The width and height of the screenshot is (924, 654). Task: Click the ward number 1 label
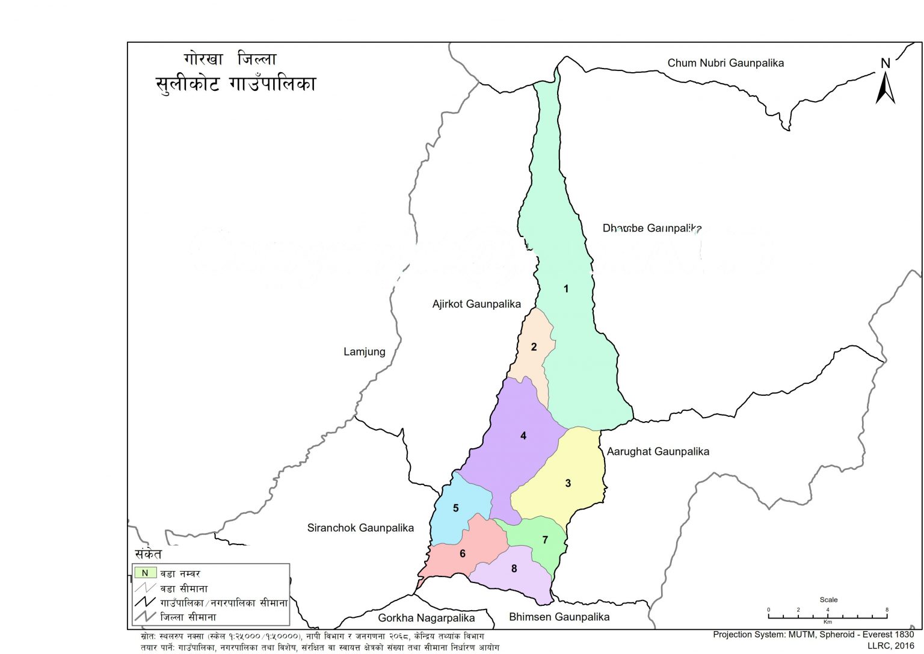click(565, 289)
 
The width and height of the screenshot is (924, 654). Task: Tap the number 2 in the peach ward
click(534, 347)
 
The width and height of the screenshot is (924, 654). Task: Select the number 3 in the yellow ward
click(568, 483)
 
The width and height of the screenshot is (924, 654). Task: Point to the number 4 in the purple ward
click(523, 436)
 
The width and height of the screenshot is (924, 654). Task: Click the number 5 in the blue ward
click(456, 508)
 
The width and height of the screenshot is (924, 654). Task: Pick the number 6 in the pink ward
click(463, 554)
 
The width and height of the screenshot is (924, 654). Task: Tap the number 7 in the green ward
click(546, 540)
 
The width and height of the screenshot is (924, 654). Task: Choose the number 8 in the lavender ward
click(514, 569)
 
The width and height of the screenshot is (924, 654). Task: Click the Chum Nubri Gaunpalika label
click(725, 63)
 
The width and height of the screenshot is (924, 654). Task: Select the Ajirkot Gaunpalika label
click(476, 304)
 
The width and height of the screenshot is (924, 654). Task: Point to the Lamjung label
click(364, 351)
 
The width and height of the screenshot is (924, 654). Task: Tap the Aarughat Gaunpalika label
click(658, 451)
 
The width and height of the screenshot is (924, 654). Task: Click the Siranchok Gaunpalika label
click(360, 528)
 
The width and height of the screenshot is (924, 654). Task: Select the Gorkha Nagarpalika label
click(426, 618)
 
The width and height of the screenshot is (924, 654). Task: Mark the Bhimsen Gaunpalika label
click(559, 617)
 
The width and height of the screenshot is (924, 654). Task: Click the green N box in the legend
click(145, 573)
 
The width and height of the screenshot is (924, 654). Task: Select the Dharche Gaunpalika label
click(652, 228)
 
